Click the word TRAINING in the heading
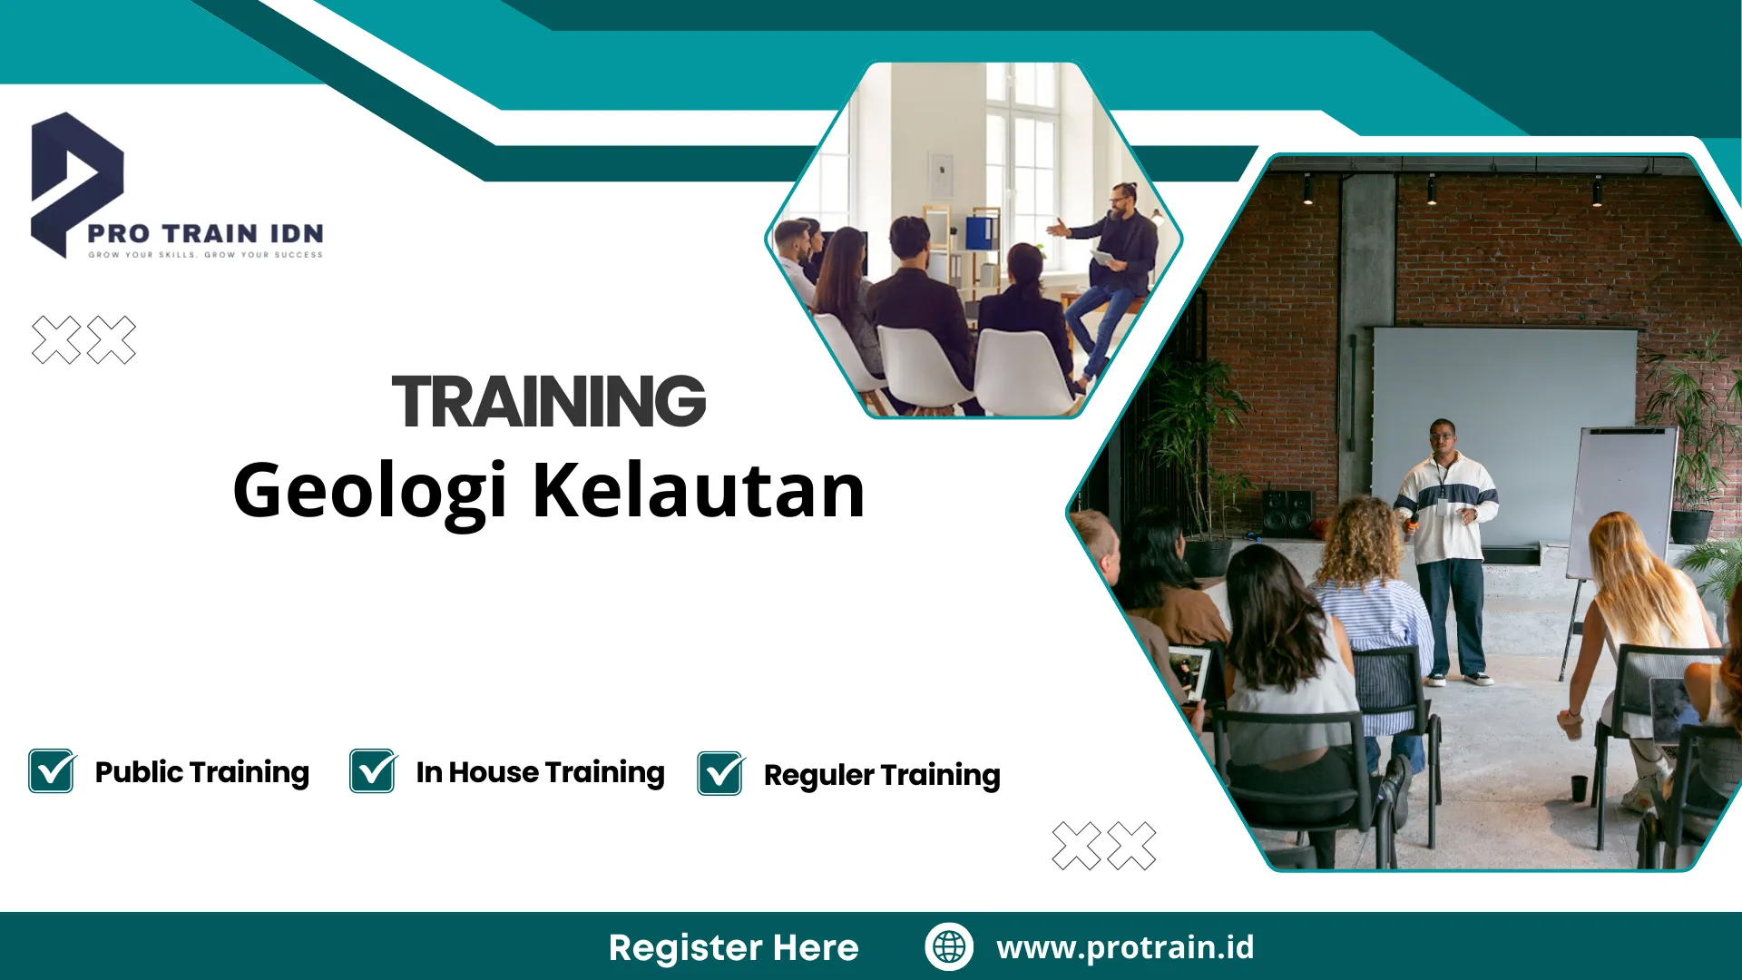tap(548, 401)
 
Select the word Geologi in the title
tap(368, 491)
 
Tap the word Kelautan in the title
tap(699, 491)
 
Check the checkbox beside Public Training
tap(52, 771)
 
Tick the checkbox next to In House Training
tap(373, 771)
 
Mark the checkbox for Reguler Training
tap(720, 774)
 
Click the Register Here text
tap(733, 947)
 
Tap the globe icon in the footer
tap(949, 946)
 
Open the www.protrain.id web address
tap(1125, 947)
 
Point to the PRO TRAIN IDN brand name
tap(205, 233)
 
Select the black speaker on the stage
tap(1287, 512)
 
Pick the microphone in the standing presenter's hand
tap(1413, 521)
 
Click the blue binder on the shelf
tap(979, 232)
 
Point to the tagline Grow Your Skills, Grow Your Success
tap(205, 255)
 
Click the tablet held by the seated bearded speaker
tap(1103, 259)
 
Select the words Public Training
tap(201, 772)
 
